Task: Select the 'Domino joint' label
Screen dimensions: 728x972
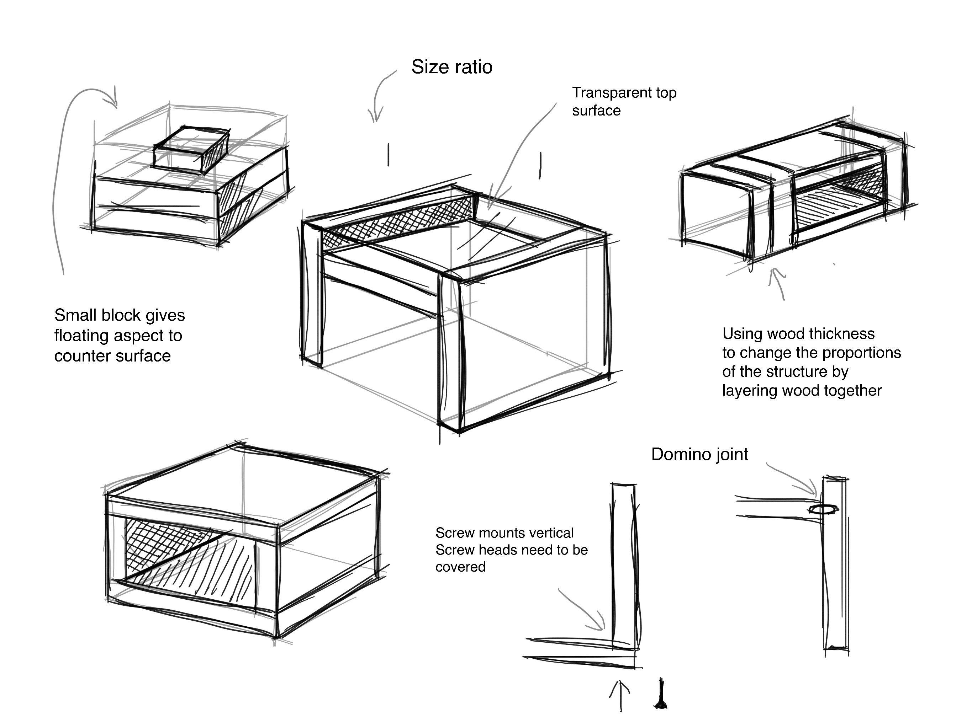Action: pyautogui.click(x=699, y=454)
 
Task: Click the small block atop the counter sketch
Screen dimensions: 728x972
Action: pyautogui.click(x=190, y=150)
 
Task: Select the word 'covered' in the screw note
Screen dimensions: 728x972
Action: pyautogui.click(x=460, y=567)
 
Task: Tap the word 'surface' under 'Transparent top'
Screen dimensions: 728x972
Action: pyautogui.click(x=596, y=111)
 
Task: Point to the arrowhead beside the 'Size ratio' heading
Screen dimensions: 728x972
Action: pyautogui.click(x=375, y=116)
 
